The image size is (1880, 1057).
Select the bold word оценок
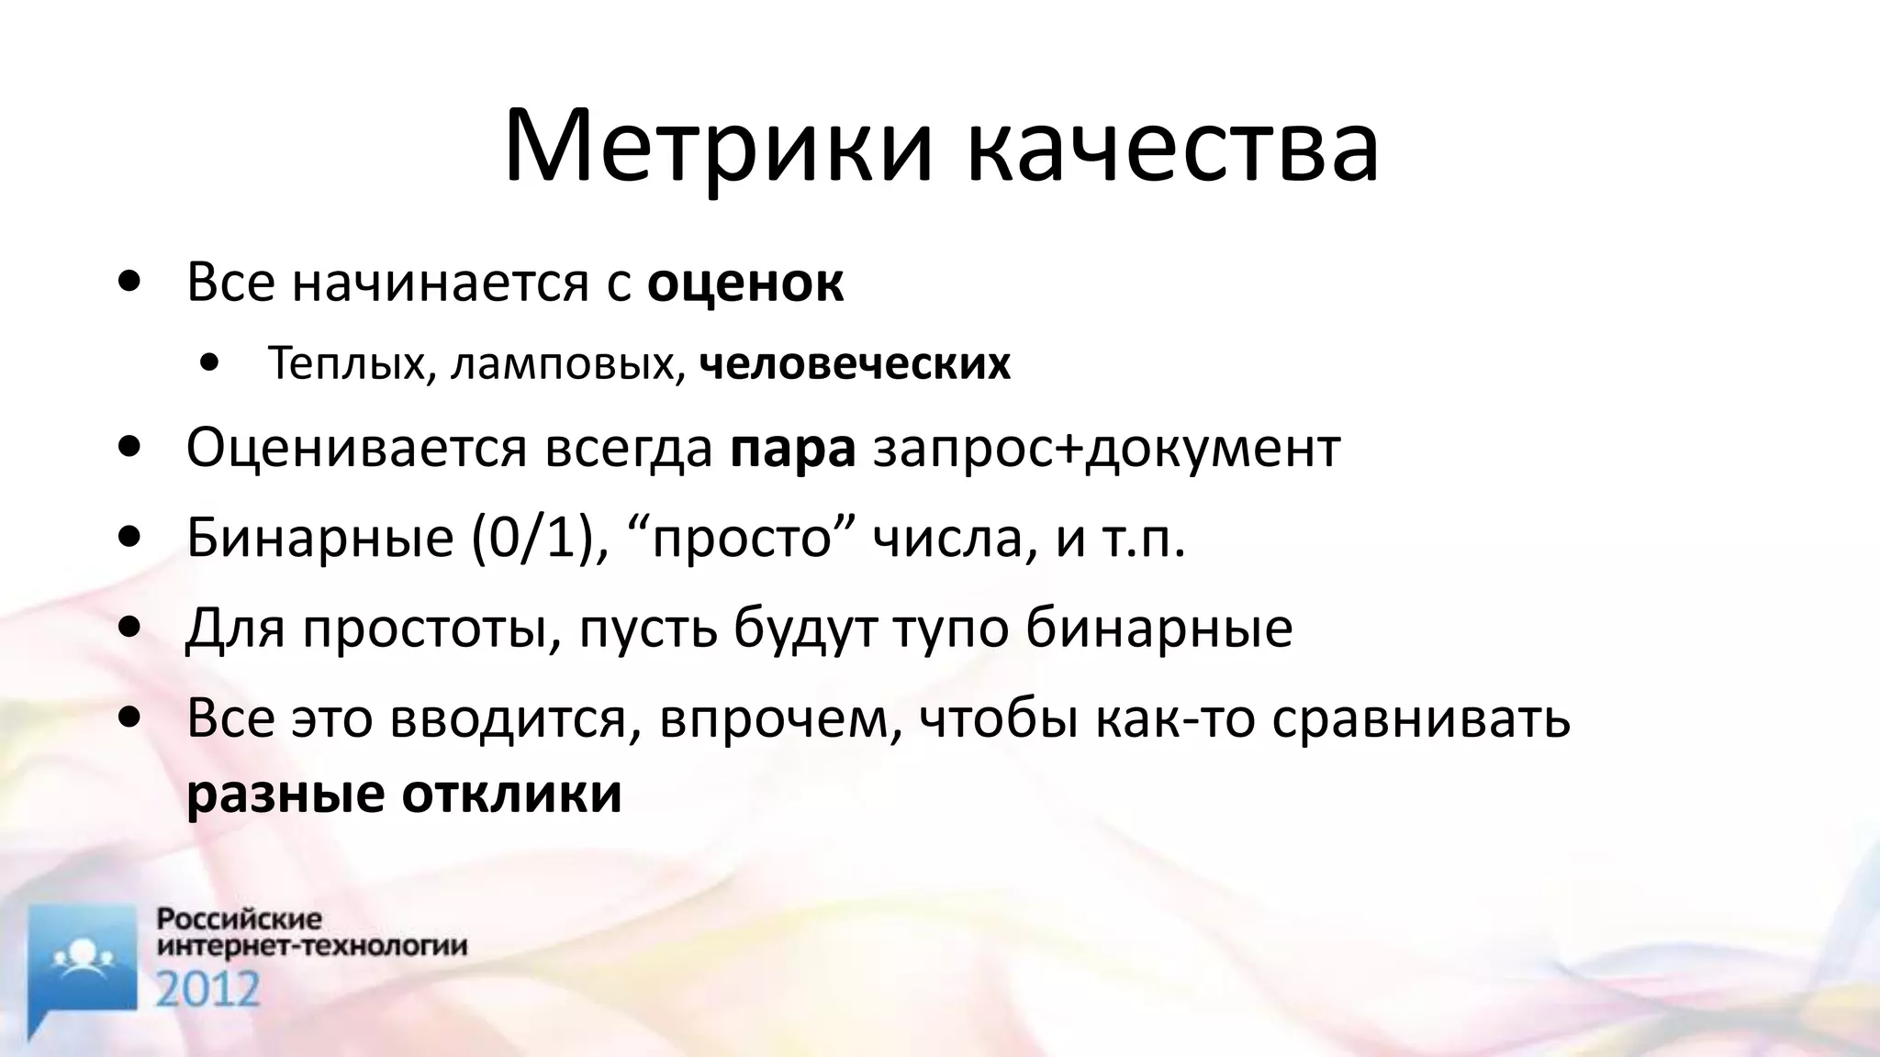[x=745, y=284]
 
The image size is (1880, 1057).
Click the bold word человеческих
[x=855, y=364]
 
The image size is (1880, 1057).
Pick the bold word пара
[x=793, y=449]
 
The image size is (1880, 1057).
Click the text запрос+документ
[x=1106, y=449]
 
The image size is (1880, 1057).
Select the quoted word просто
[x=741, y=539]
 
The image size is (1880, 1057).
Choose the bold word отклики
[x=511, y=794]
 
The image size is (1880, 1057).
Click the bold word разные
[x=285, y=794]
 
